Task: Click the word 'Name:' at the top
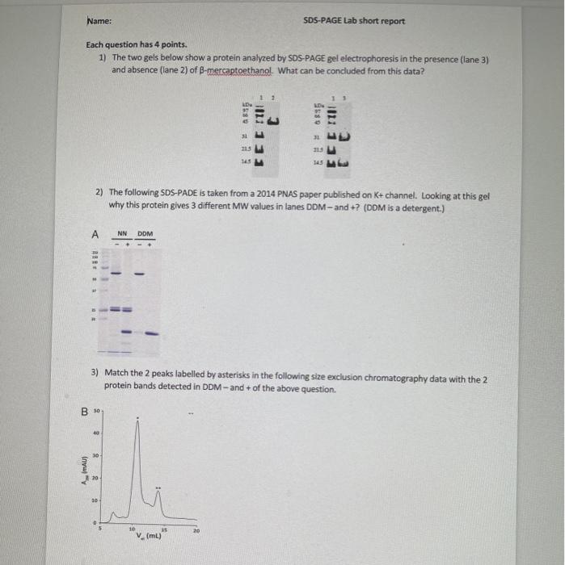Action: tap(99, 21)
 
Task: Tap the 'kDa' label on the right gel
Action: tap(318, 105)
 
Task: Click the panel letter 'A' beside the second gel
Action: tap(95, 234)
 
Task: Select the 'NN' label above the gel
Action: tap(123, 233)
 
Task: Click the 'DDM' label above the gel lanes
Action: tap(145, 233)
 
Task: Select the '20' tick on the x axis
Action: tap(196, 529)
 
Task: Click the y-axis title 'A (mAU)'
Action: tap(81, 468)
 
